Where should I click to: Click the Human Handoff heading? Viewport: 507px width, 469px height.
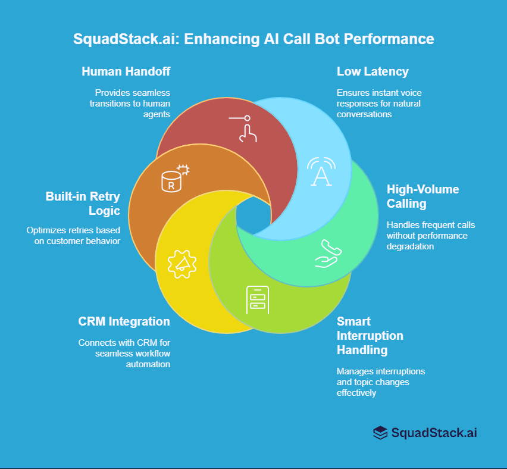126,71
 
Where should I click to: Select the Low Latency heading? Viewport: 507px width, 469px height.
373,71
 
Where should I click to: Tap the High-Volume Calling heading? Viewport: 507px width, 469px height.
422,196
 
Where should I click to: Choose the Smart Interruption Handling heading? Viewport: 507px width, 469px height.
370,336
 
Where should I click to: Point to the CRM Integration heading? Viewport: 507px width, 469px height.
124,321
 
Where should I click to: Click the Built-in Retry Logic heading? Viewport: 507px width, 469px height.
83,203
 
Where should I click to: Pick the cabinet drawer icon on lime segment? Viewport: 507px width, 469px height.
258,301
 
